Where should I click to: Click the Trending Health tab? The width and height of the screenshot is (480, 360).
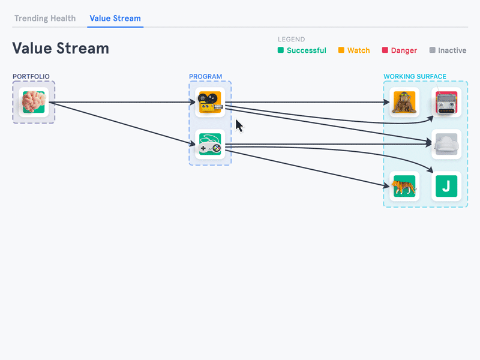[x=45, y=18]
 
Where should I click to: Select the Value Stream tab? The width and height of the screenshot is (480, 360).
[x=115, y=18]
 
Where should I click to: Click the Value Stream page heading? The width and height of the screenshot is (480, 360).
[x=61, y=48]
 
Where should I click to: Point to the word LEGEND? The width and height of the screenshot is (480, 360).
[x=291, y=40]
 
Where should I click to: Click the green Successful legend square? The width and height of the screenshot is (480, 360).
[x=281, y=50]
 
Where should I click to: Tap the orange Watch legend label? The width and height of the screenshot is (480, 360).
[x=358, y=50]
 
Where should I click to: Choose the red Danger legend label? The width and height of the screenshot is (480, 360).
[x=404, y=50]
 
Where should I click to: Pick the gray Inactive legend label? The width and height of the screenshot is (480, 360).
[x=452, y=50]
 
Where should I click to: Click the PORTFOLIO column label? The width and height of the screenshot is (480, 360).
[x=31, y=77]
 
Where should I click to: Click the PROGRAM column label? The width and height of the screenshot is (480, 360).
[x=205, y=77]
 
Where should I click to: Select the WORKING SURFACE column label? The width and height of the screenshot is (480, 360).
[x=415, y=77]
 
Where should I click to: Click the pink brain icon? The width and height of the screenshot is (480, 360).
[x=34, y=102]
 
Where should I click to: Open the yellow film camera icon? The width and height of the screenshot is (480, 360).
[x=210, y=102]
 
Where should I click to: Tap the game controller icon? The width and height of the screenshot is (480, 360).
[x=210, y=144]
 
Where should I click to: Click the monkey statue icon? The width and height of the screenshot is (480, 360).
[x=404, y=102]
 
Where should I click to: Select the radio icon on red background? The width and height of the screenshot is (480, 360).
[x=446, y=102]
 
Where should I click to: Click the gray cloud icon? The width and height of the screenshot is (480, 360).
[x=446, y=144]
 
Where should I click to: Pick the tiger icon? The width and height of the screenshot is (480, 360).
[x=404, y=186]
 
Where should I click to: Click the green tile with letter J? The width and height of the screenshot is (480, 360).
[x=446, y=186]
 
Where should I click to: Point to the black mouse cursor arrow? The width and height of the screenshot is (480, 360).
[x=238, y=125]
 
